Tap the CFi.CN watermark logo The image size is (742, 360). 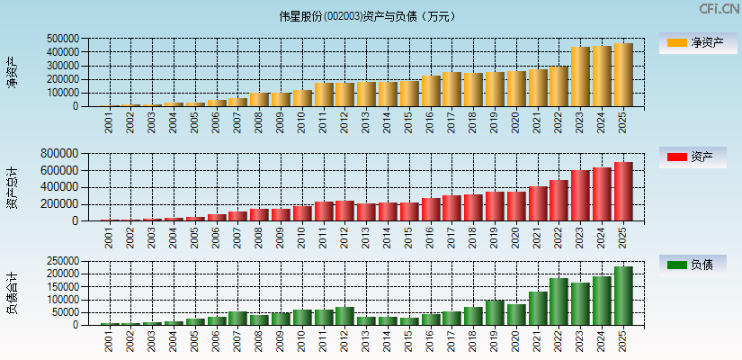point(719,9)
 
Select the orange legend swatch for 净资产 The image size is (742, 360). point(676,42)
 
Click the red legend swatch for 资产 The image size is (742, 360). point(676,157)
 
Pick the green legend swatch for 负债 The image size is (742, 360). point(676,265)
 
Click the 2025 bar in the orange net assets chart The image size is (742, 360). point(623,75)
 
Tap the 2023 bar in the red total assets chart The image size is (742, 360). point(580,195)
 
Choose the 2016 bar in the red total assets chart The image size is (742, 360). point(431,209)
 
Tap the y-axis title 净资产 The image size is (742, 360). point(12,72)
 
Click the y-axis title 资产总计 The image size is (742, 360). point(12,187)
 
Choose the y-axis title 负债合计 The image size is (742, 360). point(12,293)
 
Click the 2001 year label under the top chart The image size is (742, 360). point(110,123)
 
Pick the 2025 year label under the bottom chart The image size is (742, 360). point(623,341)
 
